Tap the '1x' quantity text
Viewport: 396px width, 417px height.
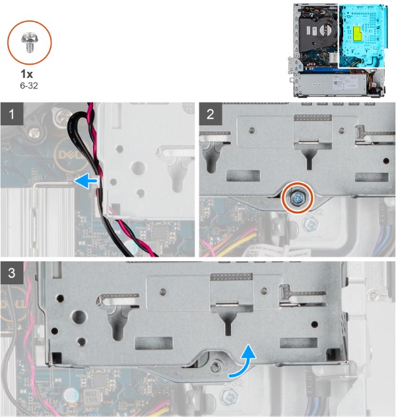click(30, 75)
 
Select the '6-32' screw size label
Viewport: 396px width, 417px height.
click(30, 85)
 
